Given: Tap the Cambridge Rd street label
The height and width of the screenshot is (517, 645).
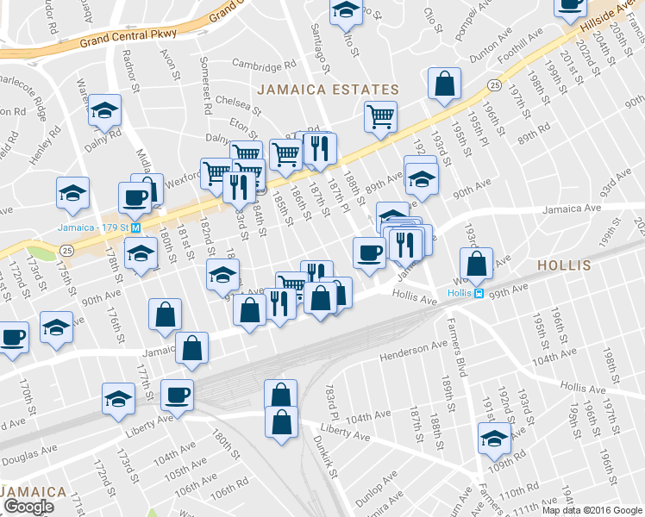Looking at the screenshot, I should click(263, 65).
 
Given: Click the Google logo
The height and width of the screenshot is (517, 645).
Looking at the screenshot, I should click(28, 507).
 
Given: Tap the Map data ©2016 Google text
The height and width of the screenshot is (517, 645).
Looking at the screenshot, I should click(592, 509).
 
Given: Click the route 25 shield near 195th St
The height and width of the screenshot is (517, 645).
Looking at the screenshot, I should click(492, 84).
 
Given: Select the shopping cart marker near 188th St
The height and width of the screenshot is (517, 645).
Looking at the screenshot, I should click(379, 115).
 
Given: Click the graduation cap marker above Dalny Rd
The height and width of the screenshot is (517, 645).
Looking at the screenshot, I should click(105, 110).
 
